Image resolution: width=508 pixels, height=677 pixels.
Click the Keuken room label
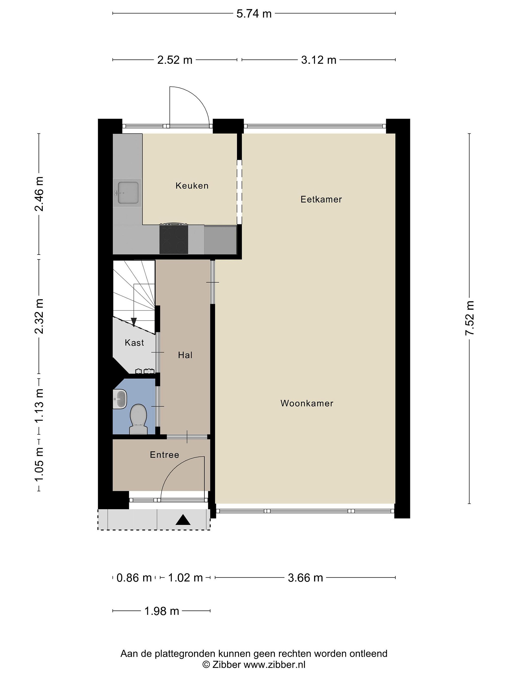coord(192,185)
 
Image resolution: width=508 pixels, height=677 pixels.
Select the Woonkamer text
coord(307,403)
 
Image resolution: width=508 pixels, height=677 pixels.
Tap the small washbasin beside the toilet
coord(120,399)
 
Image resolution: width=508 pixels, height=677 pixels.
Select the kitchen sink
coord(127,193)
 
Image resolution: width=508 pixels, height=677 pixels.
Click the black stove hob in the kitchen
coord(174,239)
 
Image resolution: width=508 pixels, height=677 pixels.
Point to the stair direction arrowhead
coord(134,322)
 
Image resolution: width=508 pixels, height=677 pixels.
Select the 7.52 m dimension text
coord(470,318)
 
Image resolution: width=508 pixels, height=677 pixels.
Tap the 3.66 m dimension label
coord(305,578)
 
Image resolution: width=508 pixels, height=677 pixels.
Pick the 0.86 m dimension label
coord(134,578)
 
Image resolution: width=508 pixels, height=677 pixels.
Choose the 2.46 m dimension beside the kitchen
coord(39,194)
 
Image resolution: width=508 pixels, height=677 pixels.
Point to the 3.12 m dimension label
coord(319,60)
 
